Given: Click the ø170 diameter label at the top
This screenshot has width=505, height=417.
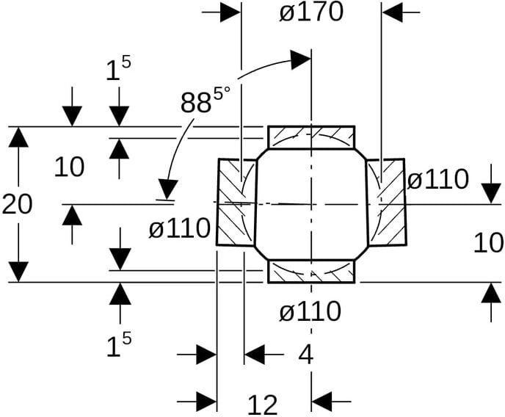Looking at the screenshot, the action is pos(311,13).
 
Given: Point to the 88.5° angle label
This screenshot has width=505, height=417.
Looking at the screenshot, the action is pos(206,99).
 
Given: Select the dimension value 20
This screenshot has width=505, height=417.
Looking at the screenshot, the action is pos(17,204).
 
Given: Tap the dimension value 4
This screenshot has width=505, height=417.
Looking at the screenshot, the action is pos(305,355).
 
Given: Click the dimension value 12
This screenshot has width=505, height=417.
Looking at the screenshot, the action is pos(263,405).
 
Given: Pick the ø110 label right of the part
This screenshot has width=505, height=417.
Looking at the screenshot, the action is pos(437,179).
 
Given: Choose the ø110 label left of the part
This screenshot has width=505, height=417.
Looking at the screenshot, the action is pos(179,228).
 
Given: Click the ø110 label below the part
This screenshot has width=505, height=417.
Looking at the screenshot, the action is pos(310,311).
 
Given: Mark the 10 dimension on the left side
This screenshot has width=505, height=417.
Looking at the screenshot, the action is pos(69,167).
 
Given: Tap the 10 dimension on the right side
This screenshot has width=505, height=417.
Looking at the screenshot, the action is pos(488,242).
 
